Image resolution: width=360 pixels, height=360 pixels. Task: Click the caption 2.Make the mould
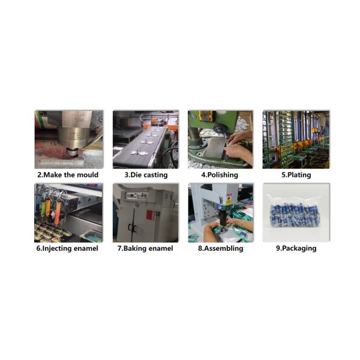tap(68, 175)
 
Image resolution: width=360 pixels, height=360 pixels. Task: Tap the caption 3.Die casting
tap(146, 175)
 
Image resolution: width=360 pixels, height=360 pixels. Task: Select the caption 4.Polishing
tap(220, 175)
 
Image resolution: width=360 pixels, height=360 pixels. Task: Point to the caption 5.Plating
tap(296, 175)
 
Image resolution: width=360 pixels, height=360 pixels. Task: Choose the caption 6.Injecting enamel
tap(67, 248)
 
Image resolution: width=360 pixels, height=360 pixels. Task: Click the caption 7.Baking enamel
tap(145, 248)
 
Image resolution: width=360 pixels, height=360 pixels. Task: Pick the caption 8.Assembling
tap(220, 248)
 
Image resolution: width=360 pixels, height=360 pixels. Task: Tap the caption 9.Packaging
tap(296, 248)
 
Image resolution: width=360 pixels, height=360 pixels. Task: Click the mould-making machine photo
tap(69, 139)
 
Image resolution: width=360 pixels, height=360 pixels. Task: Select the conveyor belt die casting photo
tap(146, 139)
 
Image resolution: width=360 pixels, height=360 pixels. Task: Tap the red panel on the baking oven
tap(152, 215)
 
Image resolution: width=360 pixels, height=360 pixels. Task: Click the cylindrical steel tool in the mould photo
tap(73, 138)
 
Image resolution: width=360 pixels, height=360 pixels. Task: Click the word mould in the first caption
tap(88, 175)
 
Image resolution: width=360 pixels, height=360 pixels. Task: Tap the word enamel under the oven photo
tap(161, 248)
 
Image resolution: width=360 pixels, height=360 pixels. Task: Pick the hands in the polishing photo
tap(239, 147)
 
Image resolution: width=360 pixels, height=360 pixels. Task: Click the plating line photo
tap(296, 139)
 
